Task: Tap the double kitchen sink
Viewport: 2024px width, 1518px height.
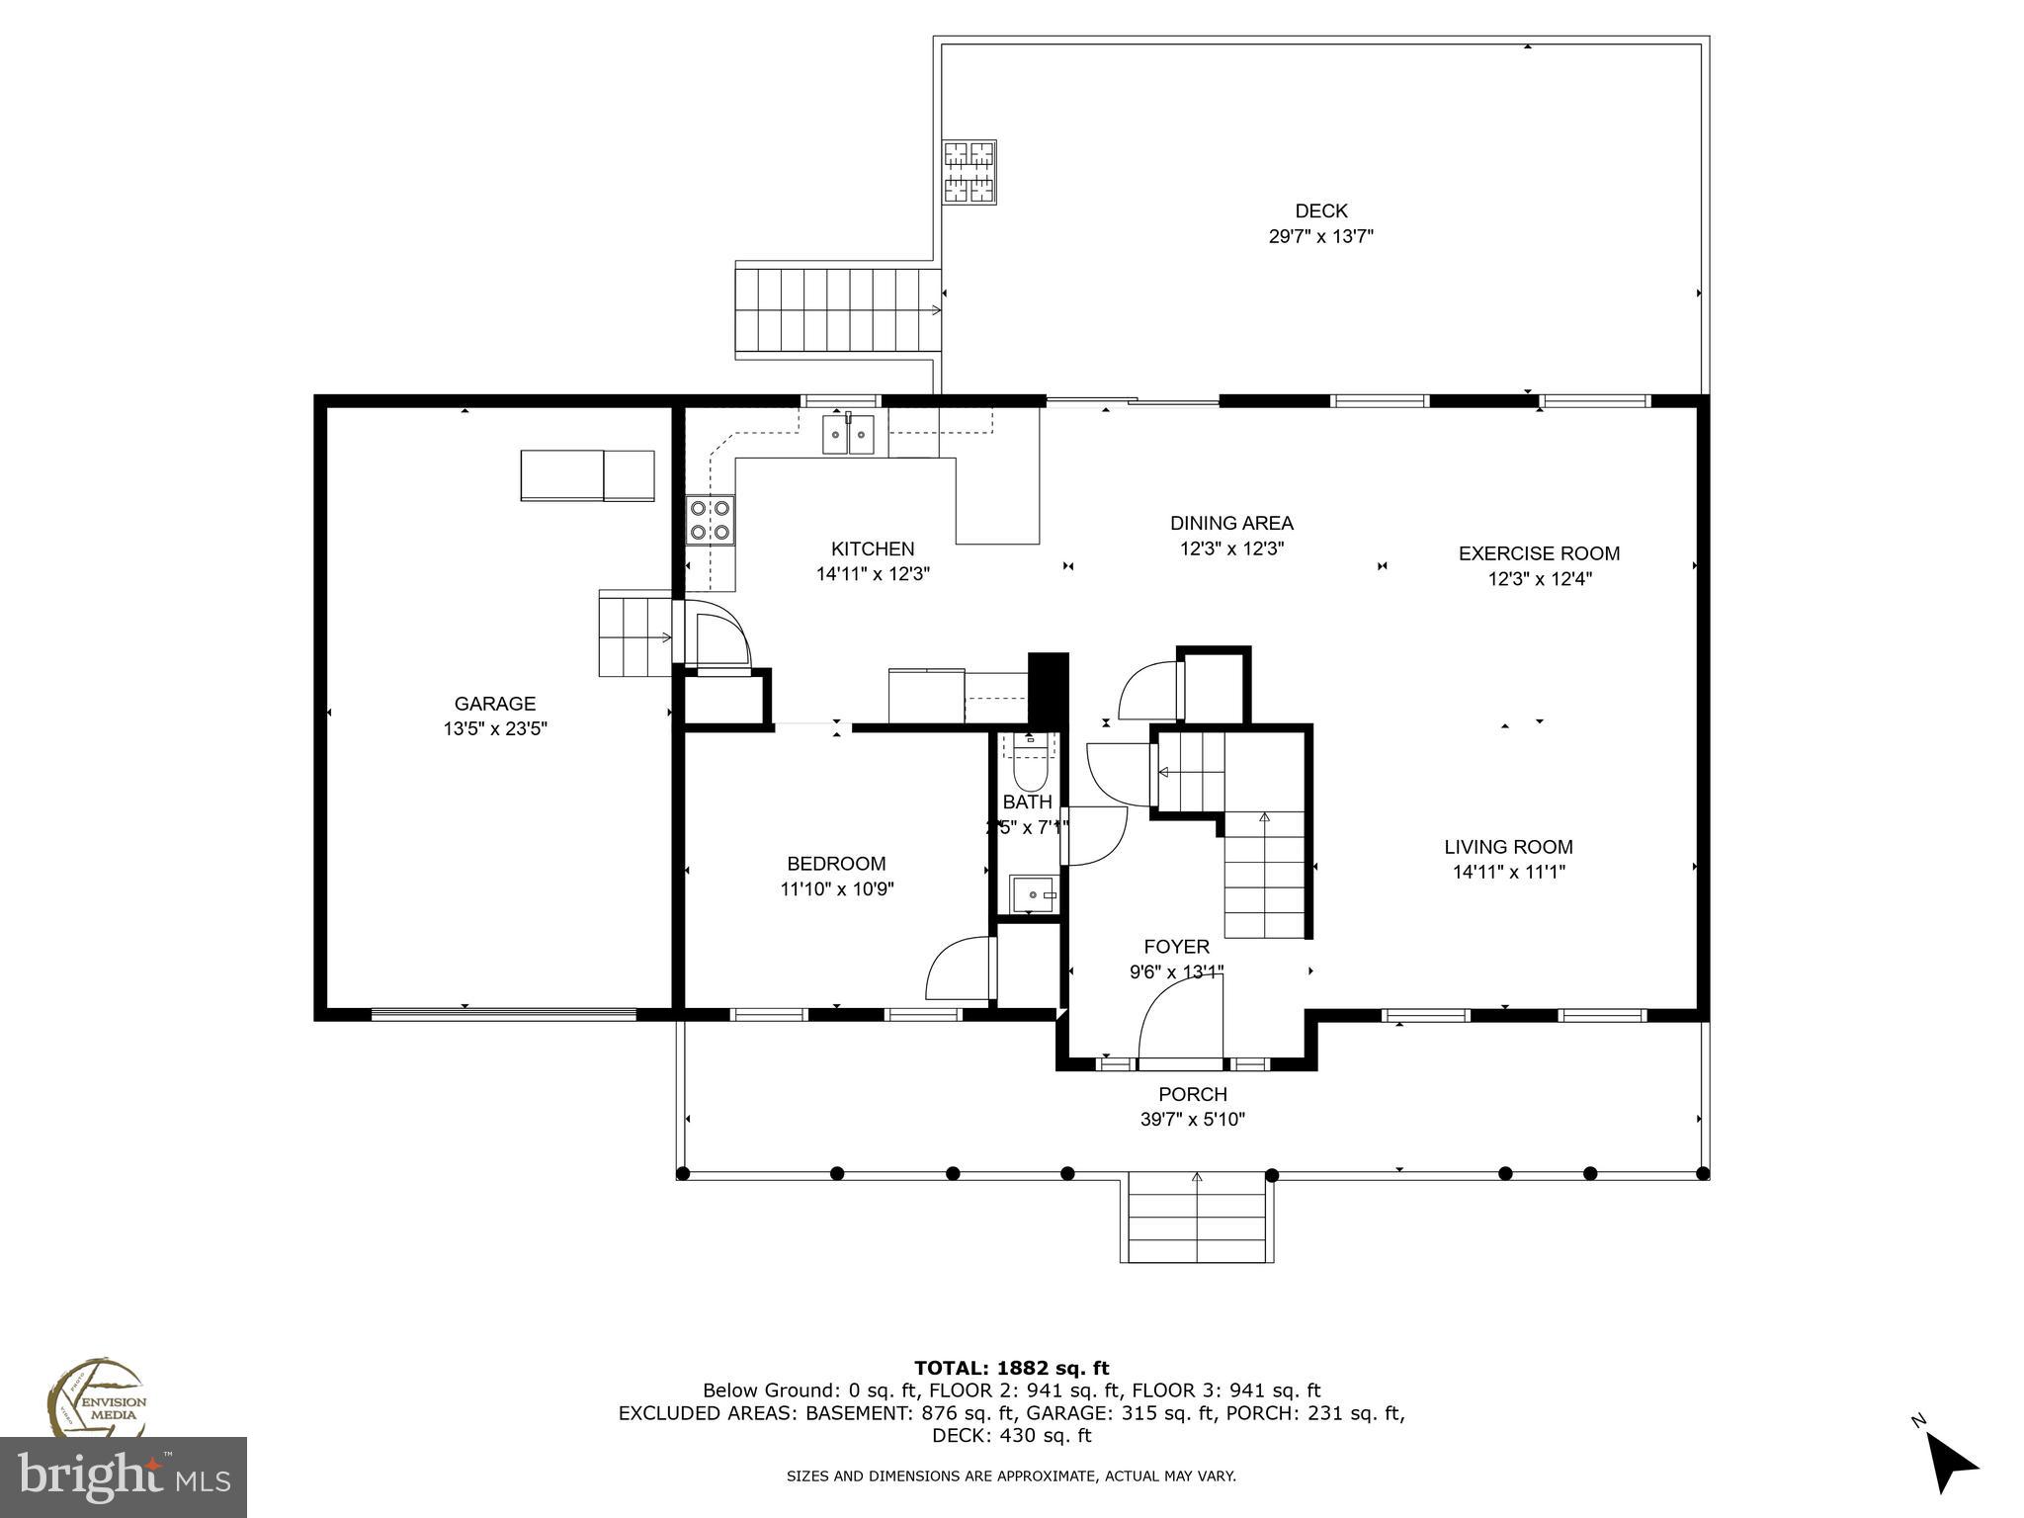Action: tap(849, 435)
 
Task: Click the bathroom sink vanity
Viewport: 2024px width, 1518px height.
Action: tap(1033, 894)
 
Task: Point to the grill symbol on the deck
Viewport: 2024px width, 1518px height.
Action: tap(969, 172)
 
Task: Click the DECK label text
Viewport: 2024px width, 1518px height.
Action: tap(1321, 211)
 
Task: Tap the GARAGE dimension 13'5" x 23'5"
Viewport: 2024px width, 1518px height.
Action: tap(495, 729)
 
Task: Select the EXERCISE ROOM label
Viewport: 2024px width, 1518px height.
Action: tap(1539, 553)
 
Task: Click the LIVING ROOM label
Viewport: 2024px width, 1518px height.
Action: tap(1508, 847)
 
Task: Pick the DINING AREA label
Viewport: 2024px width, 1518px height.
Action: tap(1231, 523)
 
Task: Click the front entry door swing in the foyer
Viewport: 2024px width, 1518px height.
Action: tap(1181, 1018)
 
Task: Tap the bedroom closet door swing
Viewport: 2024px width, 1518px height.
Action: tap(959, 969)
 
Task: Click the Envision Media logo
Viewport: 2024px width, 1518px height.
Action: tap(96, 1400)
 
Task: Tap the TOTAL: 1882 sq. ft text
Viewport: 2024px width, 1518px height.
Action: tap(1011, 1368)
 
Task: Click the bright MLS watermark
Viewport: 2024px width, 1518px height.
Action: tap(124, 1476)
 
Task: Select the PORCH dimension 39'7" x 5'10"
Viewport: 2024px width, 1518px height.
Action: tap(1192, 1120)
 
